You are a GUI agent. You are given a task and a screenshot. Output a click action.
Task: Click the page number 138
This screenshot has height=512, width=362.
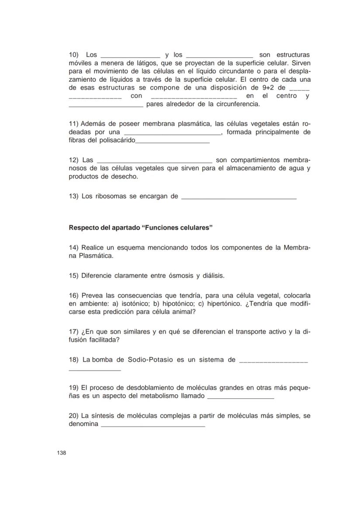point(61,453)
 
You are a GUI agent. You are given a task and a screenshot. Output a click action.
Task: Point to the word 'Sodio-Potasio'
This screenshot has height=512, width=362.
point(150,360)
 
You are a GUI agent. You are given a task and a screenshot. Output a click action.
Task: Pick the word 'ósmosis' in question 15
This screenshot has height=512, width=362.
point(181,276)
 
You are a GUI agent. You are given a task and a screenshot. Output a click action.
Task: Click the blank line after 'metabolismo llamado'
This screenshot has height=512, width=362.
point(240,398)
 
